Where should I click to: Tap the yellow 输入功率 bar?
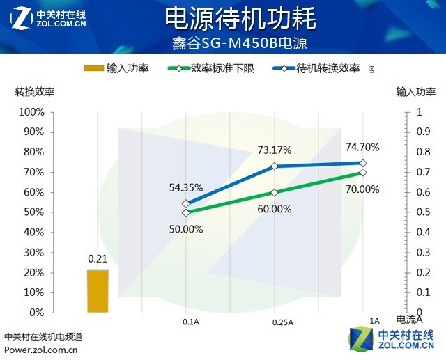[x=98, y=290]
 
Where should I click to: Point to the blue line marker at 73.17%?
[x=275, y=166]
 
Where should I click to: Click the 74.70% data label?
[x=362, y=147]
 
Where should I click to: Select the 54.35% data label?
[x=185, y=187]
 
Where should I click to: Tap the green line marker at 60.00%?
[x=275, y=192]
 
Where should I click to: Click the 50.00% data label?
[x=185, y=228]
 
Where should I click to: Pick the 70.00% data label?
[x=362, y=189]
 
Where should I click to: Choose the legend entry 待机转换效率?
[x=328, y=68]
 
